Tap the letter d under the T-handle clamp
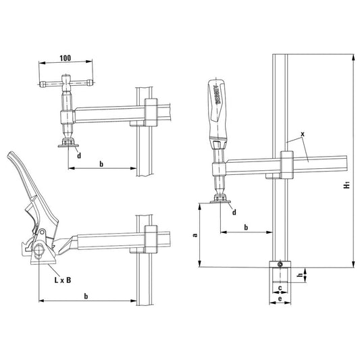coord(79,156)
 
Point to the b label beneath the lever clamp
coord(86,296)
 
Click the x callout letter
coord(303,134)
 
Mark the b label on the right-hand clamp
coord(246,228)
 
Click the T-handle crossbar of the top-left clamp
coord(65,85)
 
